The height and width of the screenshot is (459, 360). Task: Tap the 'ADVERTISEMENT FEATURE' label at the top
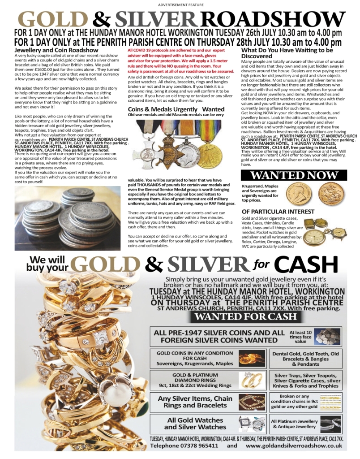pyautogui.click(x=180, y=4)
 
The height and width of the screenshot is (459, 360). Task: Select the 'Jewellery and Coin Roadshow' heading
pyautogui.click(x=56, y=50)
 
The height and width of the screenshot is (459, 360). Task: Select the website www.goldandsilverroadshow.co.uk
pyautogui.click(x=294, y=446)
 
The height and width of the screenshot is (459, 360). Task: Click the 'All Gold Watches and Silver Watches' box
pyautogui.click(x=195, y=423)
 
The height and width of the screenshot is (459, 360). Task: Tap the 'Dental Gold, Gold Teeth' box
pyautogui.click(x=306, y=359)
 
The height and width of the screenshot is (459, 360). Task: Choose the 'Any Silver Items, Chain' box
pyautogui.click(x=195, y=402)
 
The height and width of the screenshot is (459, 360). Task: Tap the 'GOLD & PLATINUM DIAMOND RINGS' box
pyautogui.click(x=195, y=380)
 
